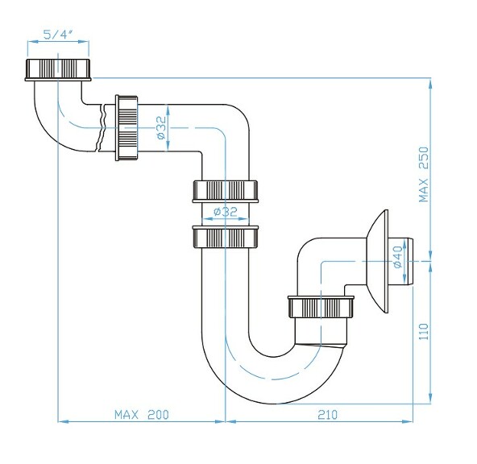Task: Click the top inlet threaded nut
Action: click(x=60, y=68)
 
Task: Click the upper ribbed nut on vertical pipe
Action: click(x=226, y=192)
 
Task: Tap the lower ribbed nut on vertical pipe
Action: click(x=226, y=236)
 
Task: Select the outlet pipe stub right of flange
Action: click(x=407, y=261)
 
